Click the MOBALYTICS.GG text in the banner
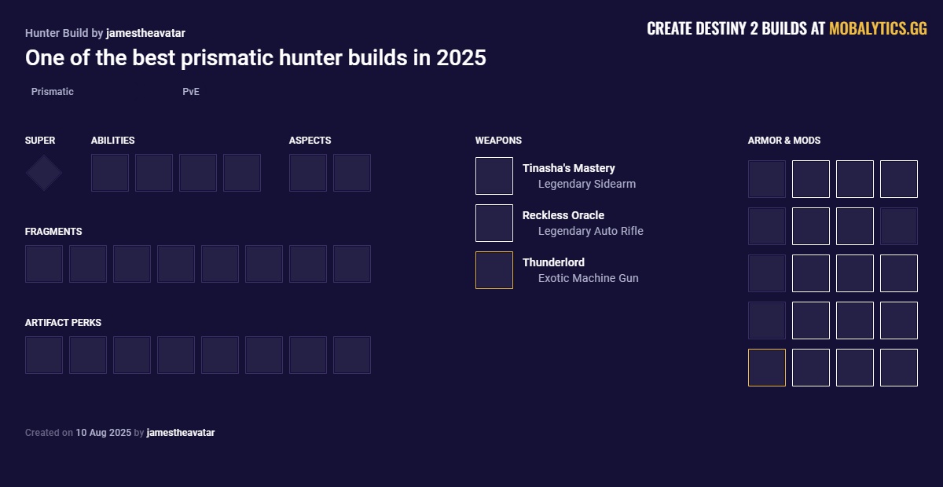pyautogui.click(x=878, y=29)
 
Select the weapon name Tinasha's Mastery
pyautogui.click(x=569, y=168)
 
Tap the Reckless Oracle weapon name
pyautogui.click(x=563, y=215)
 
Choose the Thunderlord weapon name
pyautogui.click(x=553, y=262)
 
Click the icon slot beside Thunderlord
pyautogui.click(x=494, y=270)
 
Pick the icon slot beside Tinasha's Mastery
pyautogui.click(x=494, y=176)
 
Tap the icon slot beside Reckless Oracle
pyautogui.click(x=494, y=223)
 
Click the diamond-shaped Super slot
pyautogui.click(x=44, y=173)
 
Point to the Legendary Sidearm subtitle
pyautogui.click(x=587, y=184)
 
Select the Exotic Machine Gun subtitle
pyautogui.click(x=589, y=278)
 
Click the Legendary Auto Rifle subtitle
pyautogui.click(x=591, y=231)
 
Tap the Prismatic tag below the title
pyautogui.click(x=53, y=92)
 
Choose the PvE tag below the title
pyautogui.click(x=191, y=92)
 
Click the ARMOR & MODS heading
pyautogui.click(x=784, y=141)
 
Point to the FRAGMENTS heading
pyautogui.click(x=53, y=232)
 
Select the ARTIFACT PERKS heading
pyautogui.click(x=63, y=323)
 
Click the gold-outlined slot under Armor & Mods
pyautogui.click(x=767, y=368)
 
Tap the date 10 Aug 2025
pyautogui.click(x=104, y=433)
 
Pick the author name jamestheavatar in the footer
pyautogui.click(x=181, y=433)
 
